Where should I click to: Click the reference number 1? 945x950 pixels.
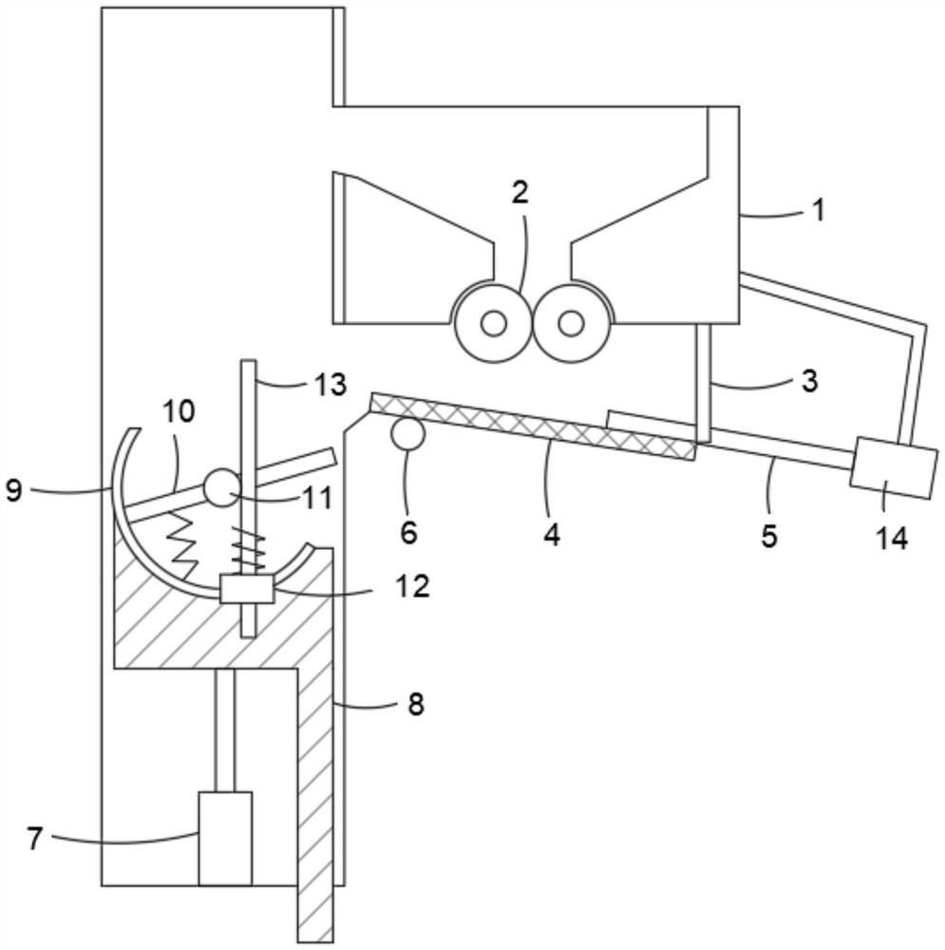[818, 210]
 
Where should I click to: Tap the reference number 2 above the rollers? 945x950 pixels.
[520, 193]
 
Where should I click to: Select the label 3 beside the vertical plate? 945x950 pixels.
[808, 381]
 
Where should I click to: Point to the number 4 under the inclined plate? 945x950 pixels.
[552, 533]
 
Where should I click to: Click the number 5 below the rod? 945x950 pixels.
[769, 535]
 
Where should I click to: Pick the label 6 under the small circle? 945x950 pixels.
[408, 532]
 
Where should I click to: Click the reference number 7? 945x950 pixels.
[35, 839]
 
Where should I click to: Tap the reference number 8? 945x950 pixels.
[414, 704]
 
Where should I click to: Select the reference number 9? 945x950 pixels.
[13, 490]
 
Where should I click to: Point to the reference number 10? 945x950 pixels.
[179, 411]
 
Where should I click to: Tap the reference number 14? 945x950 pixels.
[892, 539]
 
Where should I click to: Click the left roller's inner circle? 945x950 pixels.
[493, 324]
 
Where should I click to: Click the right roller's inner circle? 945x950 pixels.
[570, 324]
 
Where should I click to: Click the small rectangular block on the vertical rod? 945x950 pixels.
[246, 589]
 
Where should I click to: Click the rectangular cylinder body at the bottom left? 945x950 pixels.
[225, 838]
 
